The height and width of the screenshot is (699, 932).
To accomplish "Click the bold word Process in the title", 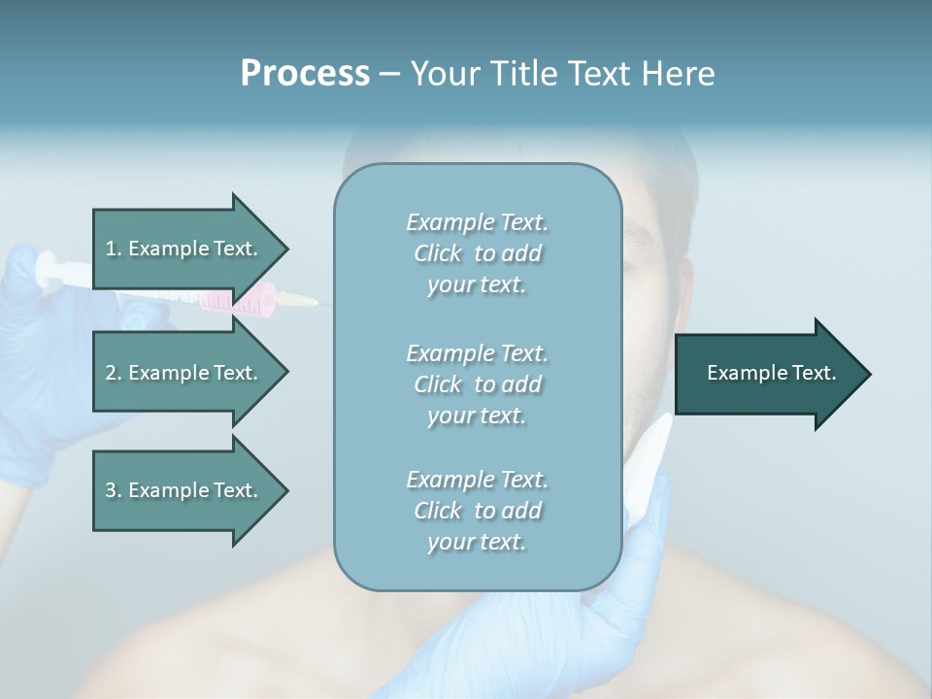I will point(305,74).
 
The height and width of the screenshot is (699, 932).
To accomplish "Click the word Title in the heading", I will point(525,74).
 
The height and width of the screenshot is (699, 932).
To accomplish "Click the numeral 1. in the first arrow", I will point(114,249).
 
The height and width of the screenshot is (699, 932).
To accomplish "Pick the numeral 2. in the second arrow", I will point(114,373).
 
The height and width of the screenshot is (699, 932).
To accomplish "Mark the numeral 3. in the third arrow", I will point(114,490).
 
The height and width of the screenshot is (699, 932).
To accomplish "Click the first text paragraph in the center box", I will point(477,253).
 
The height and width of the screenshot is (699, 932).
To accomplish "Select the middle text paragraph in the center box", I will point(477,384).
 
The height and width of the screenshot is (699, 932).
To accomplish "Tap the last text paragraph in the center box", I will point(477,511).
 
